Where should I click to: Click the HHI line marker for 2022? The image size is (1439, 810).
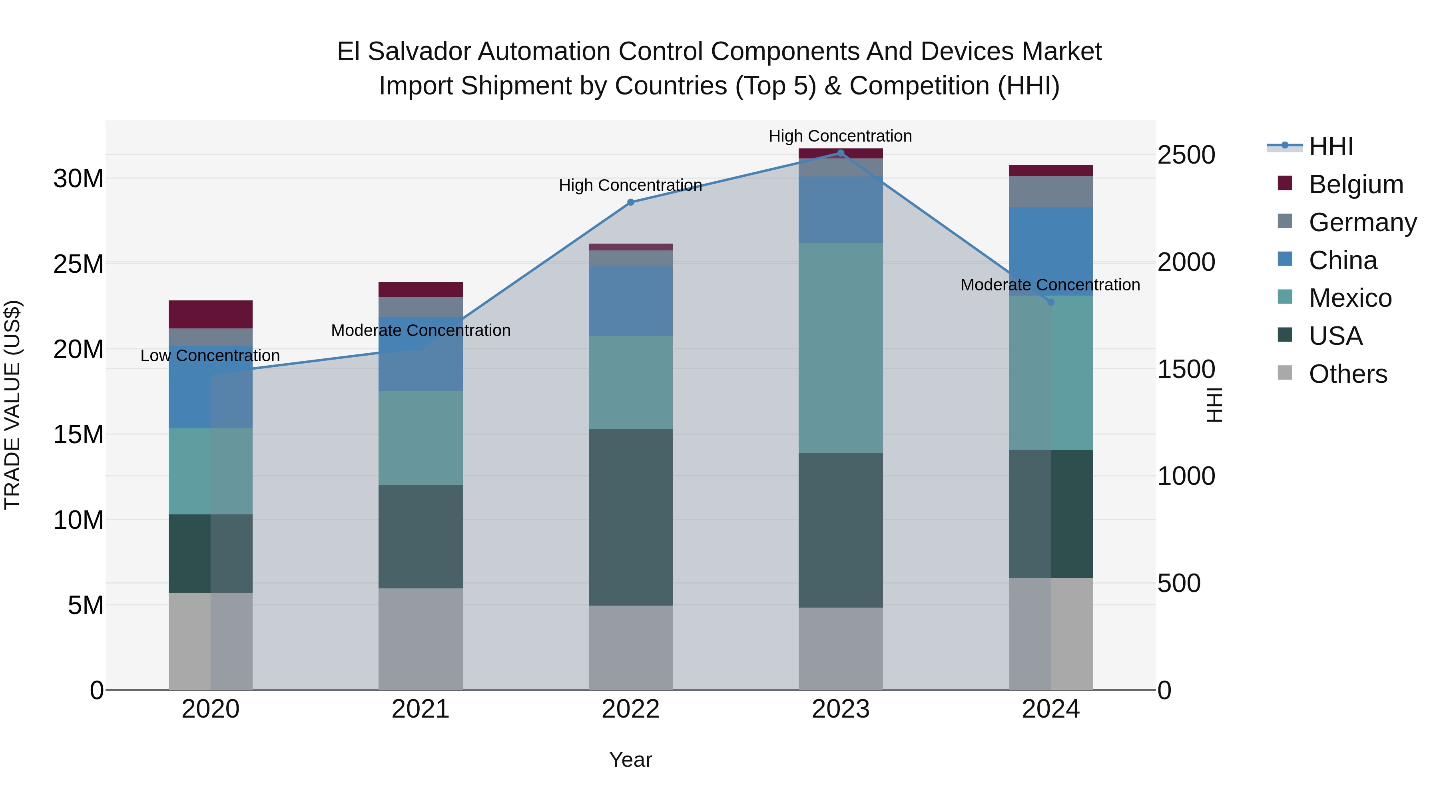coord(631,202)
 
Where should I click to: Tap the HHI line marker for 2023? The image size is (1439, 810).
coord(841,153)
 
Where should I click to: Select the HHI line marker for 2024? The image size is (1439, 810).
coord(1051,302)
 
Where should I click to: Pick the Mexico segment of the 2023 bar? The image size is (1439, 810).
coord(841,348)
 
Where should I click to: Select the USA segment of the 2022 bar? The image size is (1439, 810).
coord(631,517)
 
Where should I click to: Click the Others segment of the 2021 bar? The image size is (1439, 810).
coord(421,638)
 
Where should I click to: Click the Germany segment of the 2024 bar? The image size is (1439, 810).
coord(1051,192)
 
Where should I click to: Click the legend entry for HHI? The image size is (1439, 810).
coord(1331,146)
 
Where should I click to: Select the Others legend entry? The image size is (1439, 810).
coord(1347,374)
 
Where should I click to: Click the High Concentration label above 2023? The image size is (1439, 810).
coord(840,136)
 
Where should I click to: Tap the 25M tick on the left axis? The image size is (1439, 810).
coord(78,264)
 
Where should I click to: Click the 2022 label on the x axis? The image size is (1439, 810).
coord(631,709)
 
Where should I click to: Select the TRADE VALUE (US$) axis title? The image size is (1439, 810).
coord(13,405)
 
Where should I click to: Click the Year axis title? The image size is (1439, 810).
coord(631,760)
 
